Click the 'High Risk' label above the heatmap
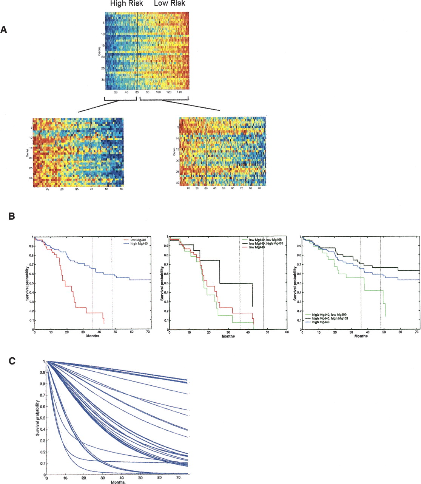pyautogui.click(x=126, y=4)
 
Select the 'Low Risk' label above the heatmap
pyautogui.click(x=170, y=4)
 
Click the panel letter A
pyautogui.click(x=4, y=29)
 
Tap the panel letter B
pyautogui.click(x=12, y=216)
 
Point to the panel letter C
pyautogui.click(x=12, y=361)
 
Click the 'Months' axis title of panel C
pyautogui.click(x=118, y=482)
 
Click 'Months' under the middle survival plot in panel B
pyautogui.click(x=228, y=336)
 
